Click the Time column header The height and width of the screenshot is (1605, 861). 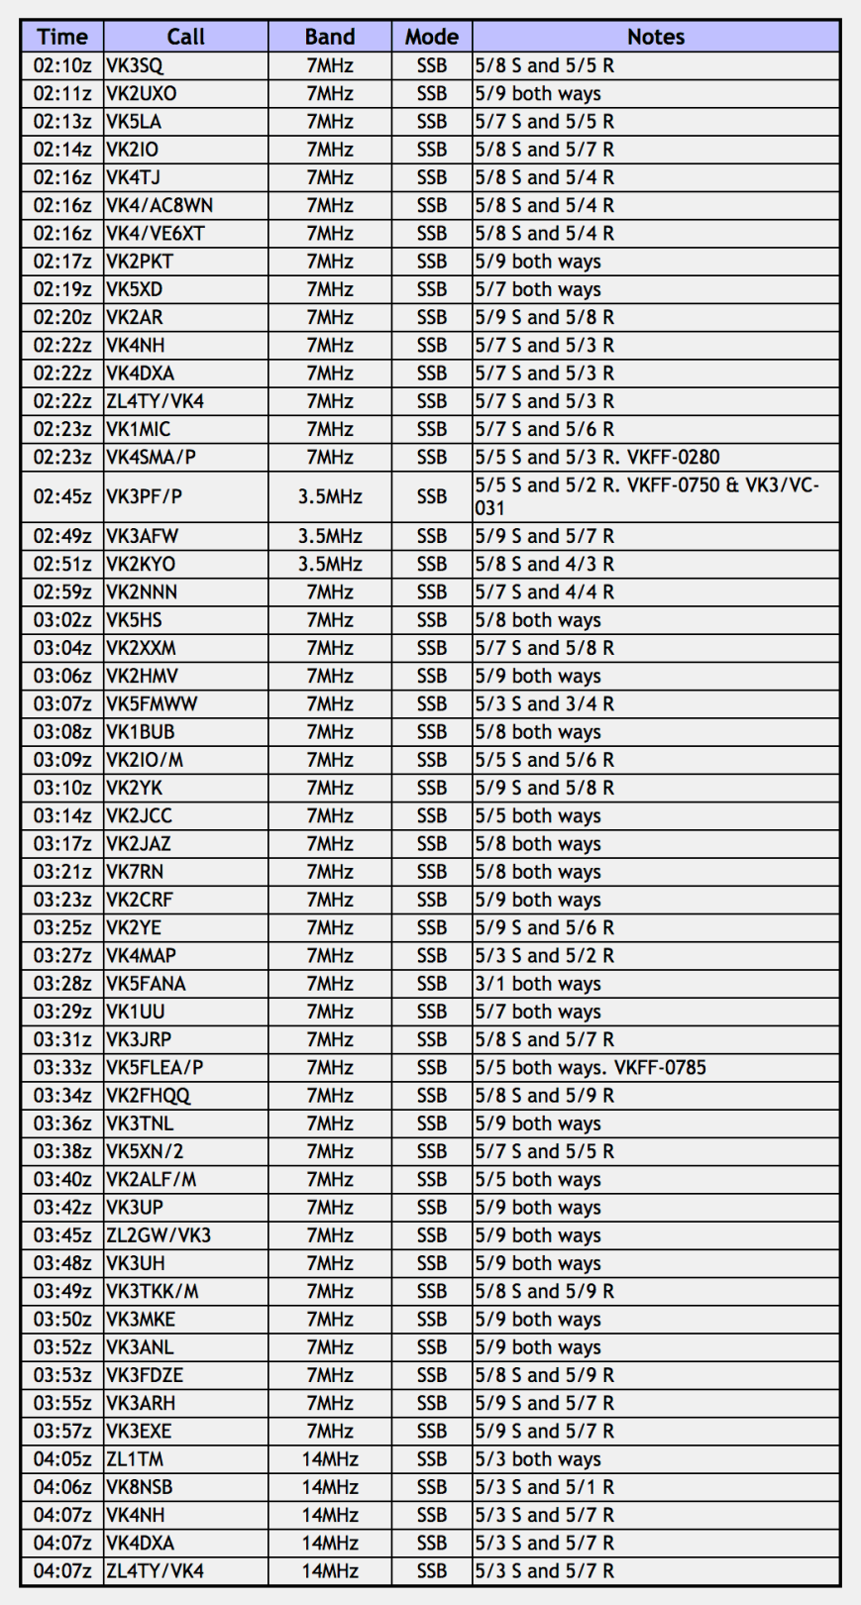(61, 37)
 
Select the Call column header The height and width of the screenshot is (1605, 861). (185, 37)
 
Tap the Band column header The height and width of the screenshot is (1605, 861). (330, 37)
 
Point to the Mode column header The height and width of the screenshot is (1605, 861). (432, 37)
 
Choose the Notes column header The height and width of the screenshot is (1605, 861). (656, 37)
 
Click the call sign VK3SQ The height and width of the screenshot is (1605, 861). (135, 66)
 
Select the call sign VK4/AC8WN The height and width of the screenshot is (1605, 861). (160, 206)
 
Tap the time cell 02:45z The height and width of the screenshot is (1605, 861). (61, 496)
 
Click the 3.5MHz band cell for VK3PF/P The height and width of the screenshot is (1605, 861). (330, 496)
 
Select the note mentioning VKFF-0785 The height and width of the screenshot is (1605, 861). (591, 1068)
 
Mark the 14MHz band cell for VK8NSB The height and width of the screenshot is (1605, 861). (330, 1487)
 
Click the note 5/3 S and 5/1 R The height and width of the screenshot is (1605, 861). (544, 1487)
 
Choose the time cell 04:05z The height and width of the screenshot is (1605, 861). (61, 1459)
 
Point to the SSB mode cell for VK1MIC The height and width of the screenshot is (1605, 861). (432, 430)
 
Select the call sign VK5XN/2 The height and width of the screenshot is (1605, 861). (145, 1152)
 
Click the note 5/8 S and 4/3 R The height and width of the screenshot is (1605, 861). (544, 565)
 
